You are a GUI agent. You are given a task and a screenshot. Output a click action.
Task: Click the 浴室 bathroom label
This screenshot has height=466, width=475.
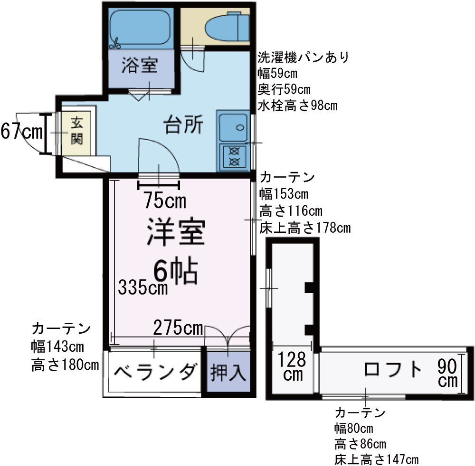coord(139,65)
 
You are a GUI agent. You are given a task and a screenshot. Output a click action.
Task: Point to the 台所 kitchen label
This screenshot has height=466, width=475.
coord(184,126)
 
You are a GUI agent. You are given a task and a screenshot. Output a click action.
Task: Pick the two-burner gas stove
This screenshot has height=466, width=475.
coord(233,157)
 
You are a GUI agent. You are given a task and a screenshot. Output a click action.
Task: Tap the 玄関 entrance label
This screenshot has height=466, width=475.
coord(76,131)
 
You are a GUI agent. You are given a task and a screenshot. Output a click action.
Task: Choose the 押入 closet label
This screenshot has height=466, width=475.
coord(228,372)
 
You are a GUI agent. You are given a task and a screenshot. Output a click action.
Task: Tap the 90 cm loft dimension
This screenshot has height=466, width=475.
coord(448,373)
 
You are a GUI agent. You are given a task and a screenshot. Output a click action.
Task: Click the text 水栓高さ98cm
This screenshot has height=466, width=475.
coord(297,105)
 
